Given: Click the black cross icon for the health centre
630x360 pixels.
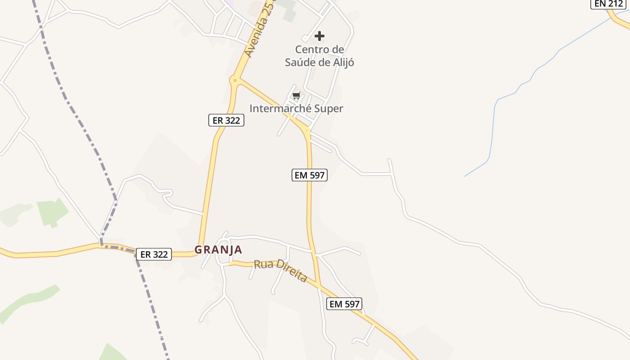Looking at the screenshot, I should click(319, 36).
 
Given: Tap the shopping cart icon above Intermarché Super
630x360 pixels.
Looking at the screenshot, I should click(296, 95).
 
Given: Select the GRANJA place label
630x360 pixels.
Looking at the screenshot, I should click(218, 249).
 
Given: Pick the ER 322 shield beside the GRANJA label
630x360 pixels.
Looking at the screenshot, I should click(154, 254).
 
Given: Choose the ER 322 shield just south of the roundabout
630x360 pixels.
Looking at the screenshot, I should click(226, 120).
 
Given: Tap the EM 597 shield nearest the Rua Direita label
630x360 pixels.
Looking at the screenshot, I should click(345, 304).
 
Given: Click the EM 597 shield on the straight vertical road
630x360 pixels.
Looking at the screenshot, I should click(310, 175).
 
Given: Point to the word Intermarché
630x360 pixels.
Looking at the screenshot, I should click(277, 108).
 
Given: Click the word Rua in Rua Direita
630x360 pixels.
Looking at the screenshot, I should click(263, 264).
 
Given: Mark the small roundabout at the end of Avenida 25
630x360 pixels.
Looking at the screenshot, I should click(235, 81).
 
